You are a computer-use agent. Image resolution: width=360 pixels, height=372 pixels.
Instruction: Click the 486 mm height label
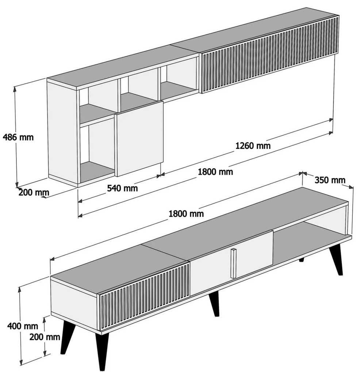coord(18,137)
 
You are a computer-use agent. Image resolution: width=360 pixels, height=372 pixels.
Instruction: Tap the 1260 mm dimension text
coord(253,146)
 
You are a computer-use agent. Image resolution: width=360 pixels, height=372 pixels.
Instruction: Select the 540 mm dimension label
coord(122,188)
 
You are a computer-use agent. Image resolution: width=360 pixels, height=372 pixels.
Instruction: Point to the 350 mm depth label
coord(330,180)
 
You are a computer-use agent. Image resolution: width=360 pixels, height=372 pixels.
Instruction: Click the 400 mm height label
coord(23,326)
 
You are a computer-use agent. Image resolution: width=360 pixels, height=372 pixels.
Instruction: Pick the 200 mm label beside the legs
coord(45,337)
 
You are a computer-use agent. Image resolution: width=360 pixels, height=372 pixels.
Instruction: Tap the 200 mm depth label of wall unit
coord(34,193)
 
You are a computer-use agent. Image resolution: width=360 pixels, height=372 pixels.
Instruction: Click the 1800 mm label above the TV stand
coord(186,214)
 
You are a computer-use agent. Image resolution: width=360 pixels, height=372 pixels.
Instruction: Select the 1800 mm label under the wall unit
coord(215,171)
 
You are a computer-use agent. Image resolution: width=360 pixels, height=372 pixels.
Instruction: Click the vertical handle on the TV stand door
coord(234,263)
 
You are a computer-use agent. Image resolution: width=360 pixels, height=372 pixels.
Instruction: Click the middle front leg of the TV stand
coord(214,304)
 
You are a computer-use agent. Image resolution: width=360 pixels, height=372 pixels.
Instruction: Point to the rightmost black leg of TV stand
coord(337,259)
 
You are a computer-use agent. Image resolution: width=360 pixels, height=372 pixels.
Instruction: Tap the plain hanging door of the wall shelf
coord(139,139)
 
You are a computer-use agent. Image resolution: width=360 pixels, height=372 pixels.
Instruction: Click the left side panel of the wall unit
coord(62,133)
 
